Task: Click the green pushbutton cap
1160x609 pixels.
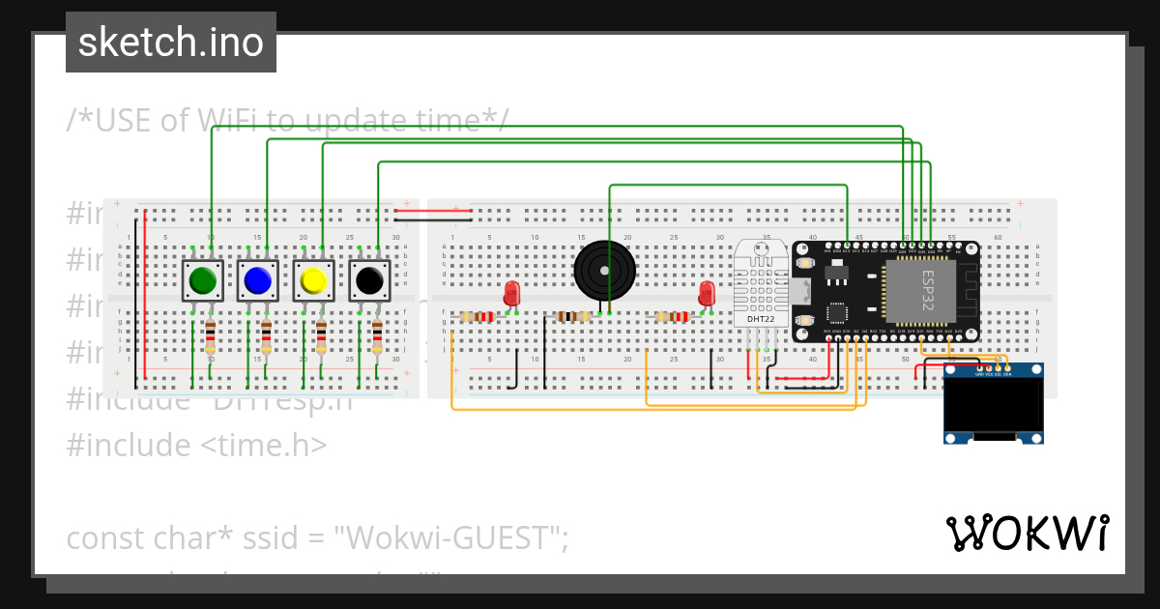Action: (202, 280)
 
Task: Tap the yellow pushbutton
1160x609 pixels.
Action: (313, 280)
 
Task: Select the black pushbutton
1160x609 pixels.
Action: (369, 280)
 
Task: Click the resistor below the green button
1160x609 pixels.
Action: (211, 336)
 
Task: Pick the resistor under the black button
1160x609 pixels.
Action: (378, 336)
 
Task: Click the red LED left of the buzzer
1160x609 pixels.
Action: (512, 292)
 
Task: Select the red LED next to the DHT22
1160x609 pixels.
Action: (707, 292)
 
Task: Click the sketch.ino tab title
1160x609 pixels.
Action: (171, 43)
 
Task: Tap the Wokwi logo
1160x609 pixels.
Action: (1027, 533)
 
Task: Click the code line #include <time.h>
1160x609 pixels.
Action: (196, 445)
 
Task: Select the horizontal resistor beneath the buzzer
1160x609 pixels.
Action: (573, 316)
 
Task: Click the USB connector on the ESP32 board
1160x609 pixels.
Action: (801, 290)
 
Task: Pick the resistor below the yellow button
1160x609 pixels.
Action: (322, 336)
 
